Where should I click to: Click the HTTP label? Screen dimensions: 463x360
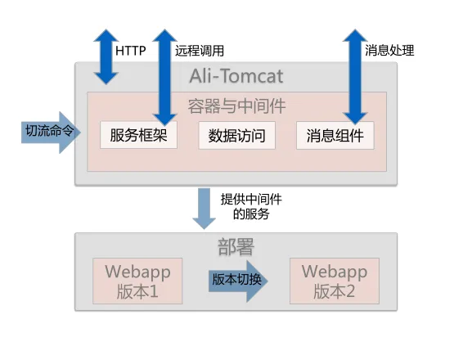[131, 51]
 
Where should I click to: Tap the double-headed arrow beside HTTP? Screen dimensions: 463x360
[106, 56]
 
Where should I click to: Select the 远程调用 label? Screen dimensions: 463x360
[200, 51]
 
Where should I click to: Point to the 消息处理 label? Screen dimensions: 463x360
[389, 50]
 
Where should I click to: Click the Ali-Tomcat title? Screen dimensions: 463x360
[236, 76]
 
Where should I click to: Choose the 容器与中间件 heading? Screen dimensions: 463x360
[236, 106]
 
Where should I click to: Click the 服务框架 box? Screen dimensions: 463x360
[138, 135]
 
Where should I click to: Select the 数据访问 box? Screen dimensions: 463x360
[236, 135]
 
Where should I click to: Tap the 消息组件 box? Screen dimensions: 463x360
[335, 135]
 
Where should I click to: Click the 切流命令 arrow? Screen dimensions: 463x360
[51, 132]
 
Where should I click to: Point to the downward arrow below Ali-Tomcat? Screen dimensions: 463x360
[204, 209]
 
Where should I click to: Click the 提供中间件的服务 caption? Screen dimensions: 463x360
[251, 207]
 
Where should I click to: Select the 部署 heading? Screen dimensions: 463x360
[236, 247]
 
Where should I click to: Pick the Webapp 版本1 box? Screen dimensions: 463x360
[137, 281]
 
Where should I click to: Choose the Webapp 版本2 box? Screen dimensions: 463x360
[335, 281]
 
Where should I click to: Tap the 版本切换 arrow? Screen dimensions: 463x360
[238, 281]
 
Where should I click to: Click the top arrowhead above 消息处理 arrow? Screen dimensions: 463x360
[355, 35]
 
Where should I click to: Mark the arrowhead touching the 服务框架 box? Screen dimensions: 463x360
[164, 119]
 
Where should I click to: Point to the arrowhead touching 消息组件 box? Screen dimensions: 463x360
[355, 118]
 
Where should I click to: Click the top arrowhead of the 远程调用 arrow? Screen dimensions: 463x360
[164, 35]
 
